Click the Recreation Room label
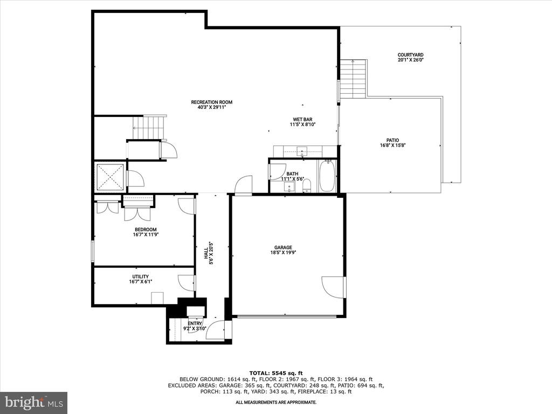point(211,105)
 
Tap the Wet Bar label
point(302,122)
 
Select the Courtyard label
point(410,57)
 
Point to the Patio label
point(392,142)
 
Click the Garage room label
point(284,250)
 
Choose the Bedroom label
point(146,232)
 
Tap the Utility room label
point(141,279)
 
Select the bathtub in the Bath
point(327,176)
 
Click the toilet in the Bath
point(307,185)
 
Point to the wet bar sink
point(302,151)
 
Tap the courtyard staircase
point(353,79)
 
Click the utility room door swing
point(186,284)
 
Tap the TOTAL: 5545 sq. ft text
point(276,373)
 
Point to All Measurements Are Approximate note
point(276,402)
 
